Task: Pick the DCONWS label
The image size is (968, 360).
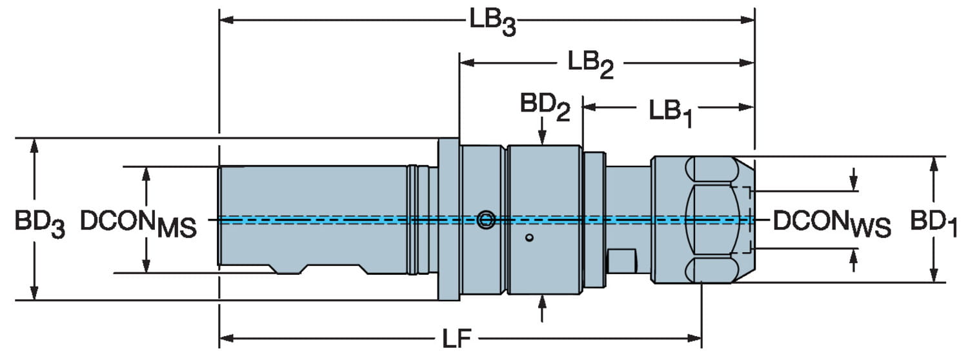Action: (x=832, y=223)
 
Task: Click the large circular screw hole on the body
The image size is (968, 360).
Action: (x=486, y=220)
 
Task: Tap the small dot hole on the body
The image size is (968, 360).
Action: (x=529, y=238)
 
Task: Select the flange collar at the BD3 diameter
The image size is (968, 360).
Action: (x=448, y=219)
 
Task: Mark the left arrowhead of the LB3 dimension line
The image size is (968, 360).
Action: (x=225, y=20)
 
